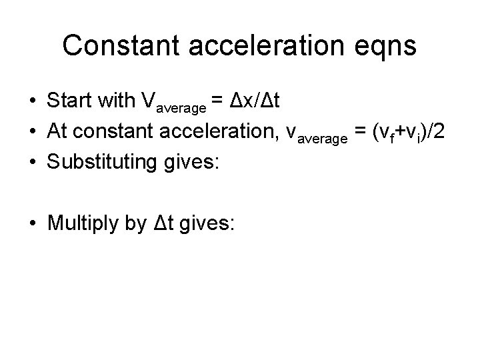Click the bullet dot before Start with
[32, 101]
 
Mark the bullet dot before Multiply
[32, 224]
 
